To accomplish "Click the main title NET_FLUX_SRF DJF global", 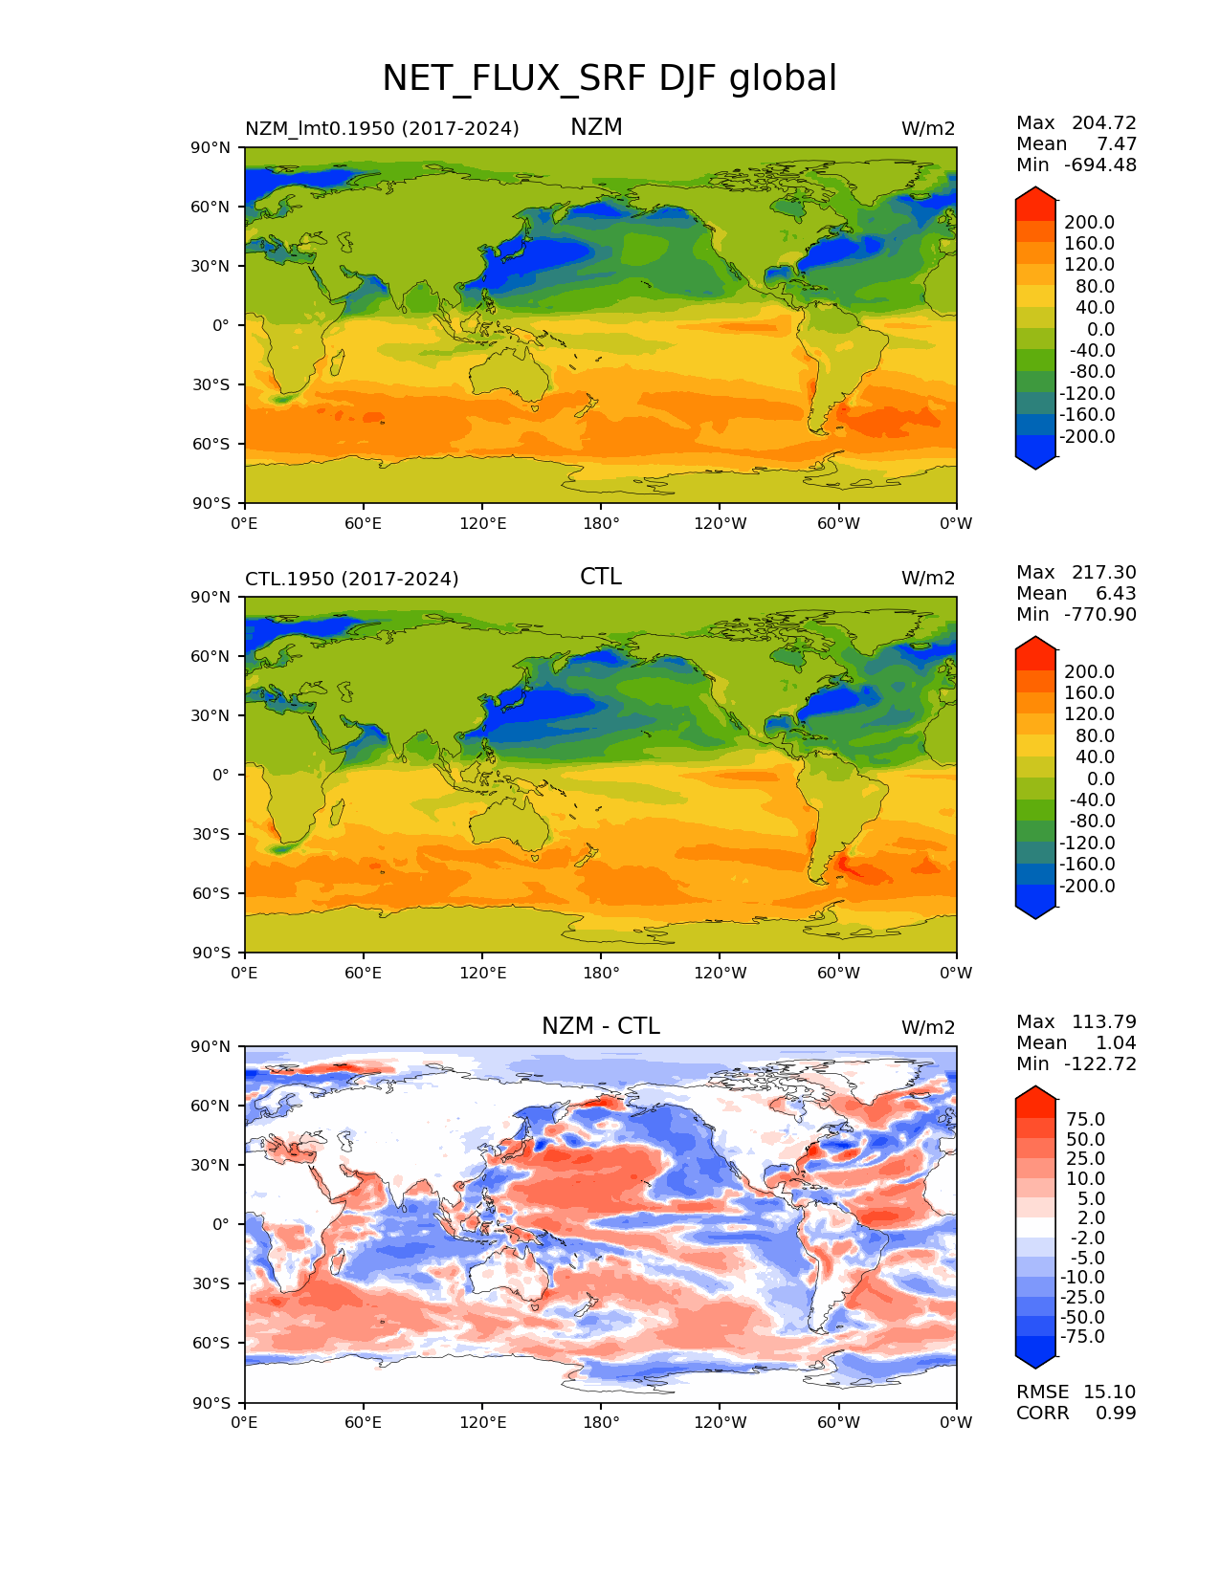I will pyautogui.click(x=610, y=78).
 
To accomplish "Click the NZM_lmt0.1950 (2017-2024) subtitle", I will pyautogui.click(x=382, y=128).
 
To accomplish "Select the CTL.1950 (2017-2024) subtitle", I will pyautogui.click(x=351, y=579).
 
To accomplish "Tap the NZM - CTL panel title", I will pyautogui.click(x=600, y=1026).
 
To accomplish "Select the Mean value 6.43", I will pyautogui.click(x=1116, y=593).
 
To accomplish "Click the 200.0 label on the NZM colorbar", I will pyautogui.click(x=1089, y=222).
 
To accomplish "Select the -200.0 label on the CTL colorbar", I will pyautogui.click(x=1087, y=886).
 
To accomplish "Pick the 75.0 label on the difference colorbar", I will pyautogui.click(x=1085, y=1119).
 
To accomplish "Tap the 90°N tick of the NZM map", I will pyautogui.click(x=211, y=147).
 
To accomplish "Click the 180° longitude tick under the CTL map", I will pyautogui.click(x=601, y=973).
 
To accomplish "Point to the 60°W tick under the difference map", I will pyautogui.click(x=838, y=1422).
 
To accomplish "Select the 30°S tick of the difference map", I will pyautogui.click(x=212, y=1283).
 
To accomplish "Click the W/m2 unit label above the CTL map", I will pyautogui.click(x=927, y=578).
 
